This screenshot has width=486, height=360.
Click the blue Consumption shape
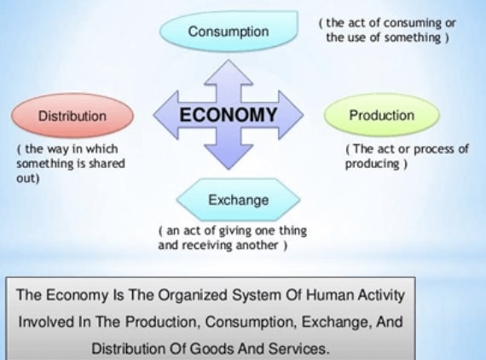229,31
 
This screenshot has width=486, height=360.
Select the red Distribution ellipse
72,116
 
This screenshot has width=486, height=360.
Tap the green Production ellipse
381,115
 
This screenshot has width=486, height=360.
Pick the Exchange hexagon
239,200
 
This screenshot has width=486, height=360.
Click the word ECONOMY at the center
229,114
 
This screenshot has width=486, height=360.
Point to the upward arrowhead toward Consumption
229,72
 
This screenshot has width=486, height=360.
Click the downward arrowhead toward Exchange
229,157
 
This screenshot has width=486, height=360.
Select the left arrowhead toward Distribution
166,114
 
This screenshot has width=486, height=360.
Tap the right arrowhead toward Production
291,114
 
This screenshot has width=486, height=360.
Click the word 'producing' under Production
373,164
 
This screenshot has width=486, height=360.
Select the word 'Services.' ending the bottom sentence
298,349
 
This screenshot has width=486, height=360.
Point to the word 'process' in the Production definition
434,149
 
